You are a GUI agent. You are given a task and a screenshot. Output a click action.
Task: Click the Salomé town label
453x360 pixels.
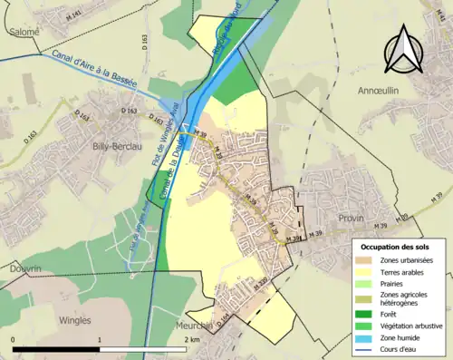pyautogui.click(x=24, y=32)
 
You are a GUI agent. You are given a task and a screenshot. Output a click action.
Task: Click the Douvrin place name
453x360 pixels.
pyautogui.click(x=20, y=269)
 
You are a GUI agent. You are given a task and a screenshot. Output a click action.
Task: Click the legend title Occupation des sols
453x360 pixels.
pyautogui.click(x=395, y=247)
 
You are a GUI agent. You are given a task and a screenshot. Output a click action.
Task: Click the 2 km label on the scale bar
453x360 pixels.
pyautogui.click(x=192, y=339)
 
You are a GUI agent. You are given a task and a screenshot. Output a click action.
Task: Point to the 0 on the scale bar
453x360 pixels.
pyautogui.click(x=14, y=339)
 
